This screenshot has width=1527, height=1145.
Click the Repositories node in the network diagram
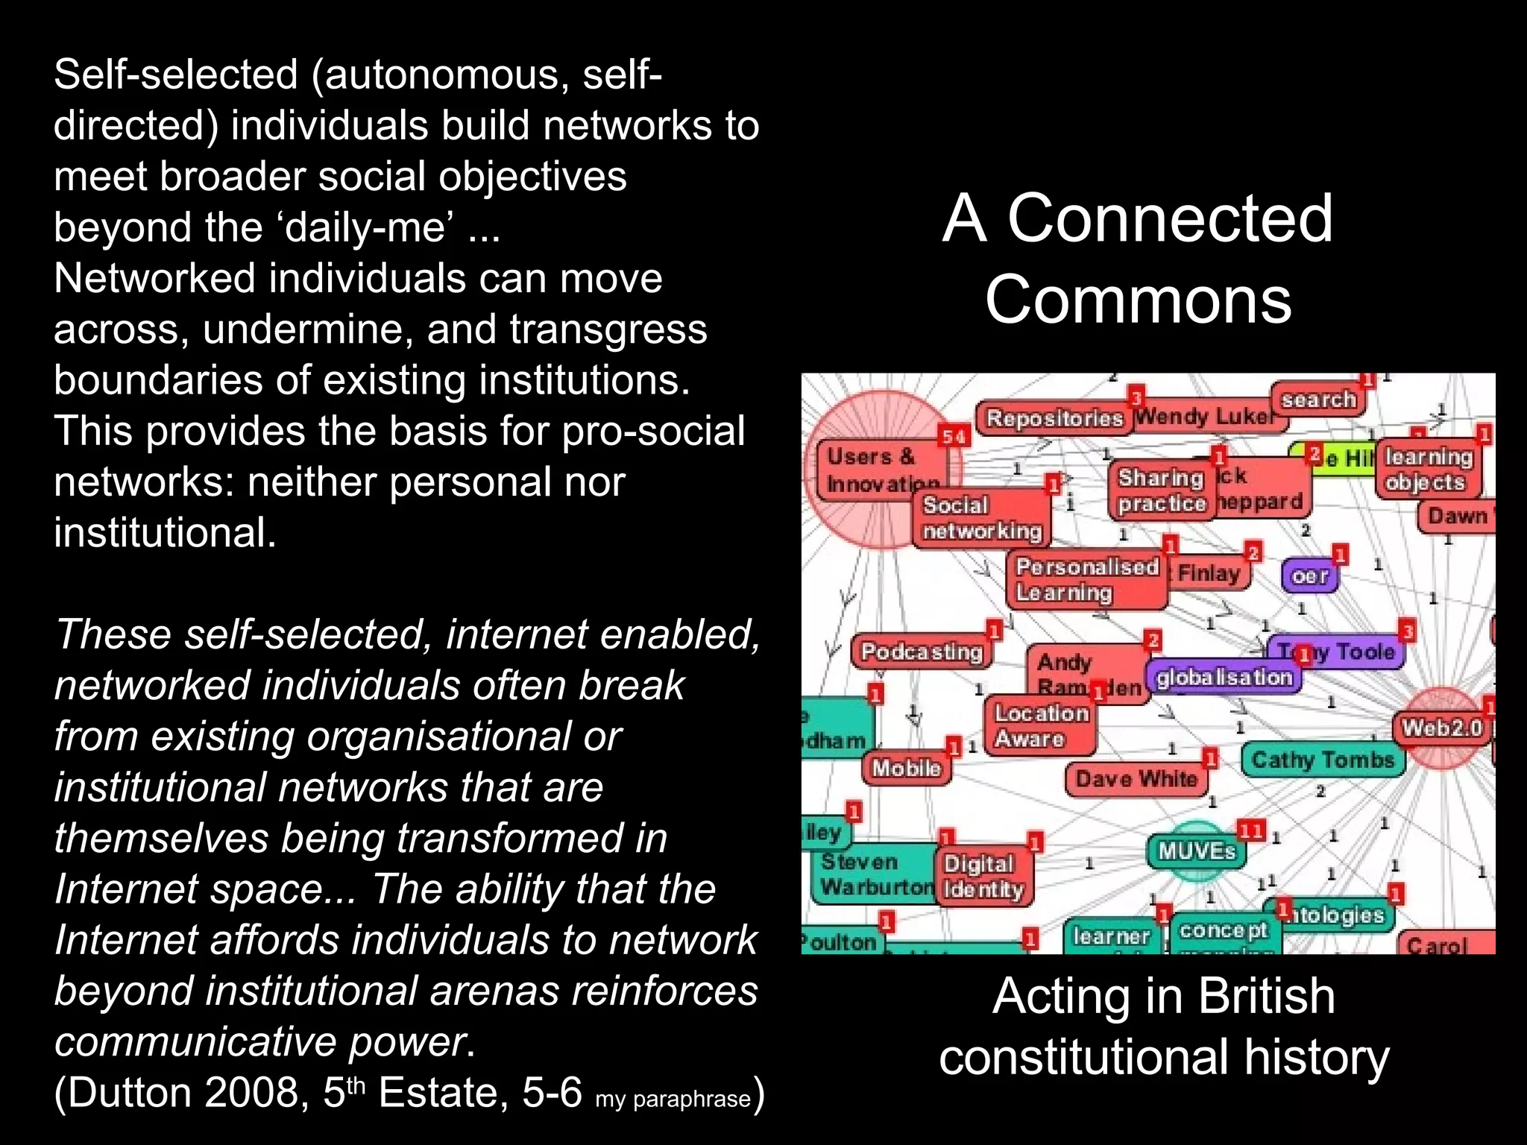[x=1054, y=418]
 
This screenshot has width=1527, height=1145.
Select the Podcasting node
[x=922, y=652]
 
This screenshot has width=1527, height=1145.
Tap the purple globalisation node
[x=1224, y=677]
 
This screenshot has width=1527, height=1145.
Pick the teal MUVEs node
[x=1197, y=851]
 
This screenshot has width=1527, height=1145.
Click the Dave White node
[x=1136, y=780]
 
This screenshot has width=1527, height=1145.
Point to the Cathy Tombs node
[x=1323, y=760]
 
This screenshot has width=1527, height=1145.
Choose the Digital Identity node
[x=983, y=877]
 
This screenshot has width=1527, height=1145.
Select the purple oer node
[x=1309, y=576]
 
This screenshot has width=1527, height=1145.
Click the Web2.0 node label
[x=1442, y=727]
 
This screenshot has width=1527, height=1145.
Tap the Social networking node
[x=982, y=518]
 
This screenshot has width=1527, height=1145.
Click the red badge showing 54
[x=954, y=437]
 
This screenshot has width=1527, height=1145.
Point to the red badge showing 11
[x=1250, y=830]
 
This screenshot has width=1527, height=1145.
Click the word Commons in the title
[x=1138, y=300]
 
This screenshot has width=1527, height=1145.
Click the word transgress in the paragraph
[x=608, y=329]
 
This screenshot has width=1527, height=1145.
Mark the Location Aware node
[x=1041, y=726]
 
